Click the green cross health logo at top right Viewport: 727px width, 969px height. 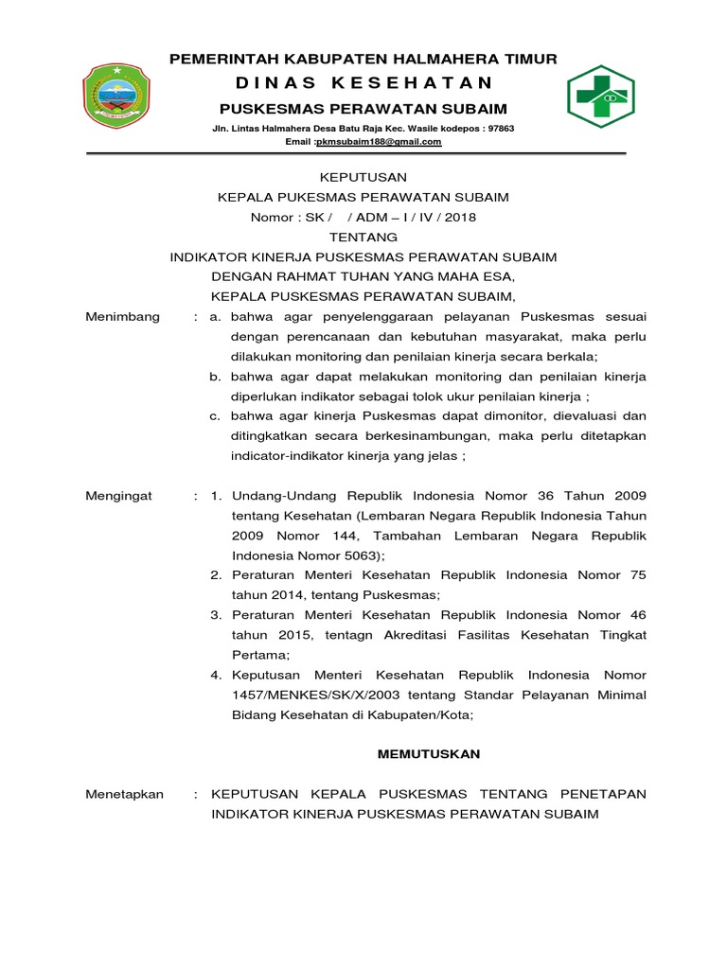(x=600, y=97)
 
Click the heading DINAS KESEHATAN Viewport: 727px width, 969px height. (x=363, y=83)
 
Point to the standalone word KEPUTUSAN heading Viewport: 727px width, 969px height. (x=363, y=177)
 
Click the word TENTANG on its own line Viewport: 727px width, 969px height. (x=363, y=237)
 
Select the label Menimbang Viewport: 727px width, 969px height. (x=123, y=316)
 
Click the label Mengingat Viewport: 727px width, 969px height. (x=119, y=495)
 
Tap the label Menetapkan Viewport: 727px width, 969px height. (x=125, y=794)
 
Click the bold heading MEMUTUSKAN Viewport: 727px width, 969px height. (x=429, y=754)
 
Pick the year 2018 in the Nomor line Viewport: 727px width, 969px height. (x=460, y=217)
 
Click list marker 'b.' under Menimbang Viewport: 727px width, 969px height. (x=216, y=376)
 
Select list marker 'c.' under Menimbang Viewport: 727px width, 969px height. (x=216, y=415)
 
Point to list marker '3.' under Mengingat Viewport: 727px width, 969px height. (x=215, y=615)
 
